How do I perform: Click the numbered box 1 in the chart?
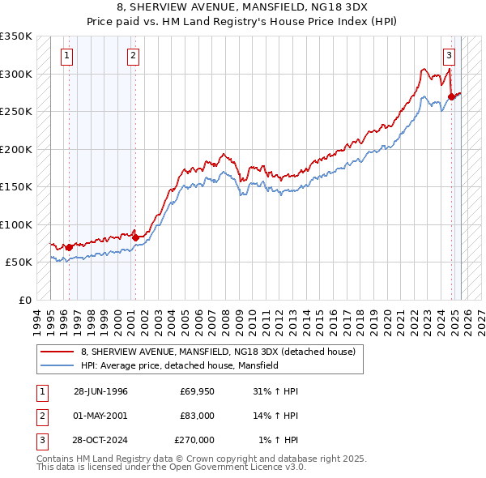click(66, 56)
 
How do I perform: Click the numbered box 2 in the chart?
click(132, 56)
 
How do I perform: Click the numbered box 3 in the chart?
click(448, 56)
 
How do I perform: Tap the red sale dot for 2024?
click(451, 96)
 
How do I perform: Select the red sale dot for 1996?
click(70, 247)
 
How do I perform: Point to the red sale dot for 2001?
click(135, 237)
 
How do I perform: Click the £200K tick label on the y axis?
click(16, 149)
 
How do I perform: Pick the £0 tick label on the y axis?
click(25, 300)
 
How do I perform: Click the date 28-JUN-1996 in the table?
click(100, 391)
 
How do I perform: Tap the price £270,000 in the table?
click(194, 440)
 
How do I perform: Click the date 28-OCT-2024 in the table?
click(100, 440)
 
